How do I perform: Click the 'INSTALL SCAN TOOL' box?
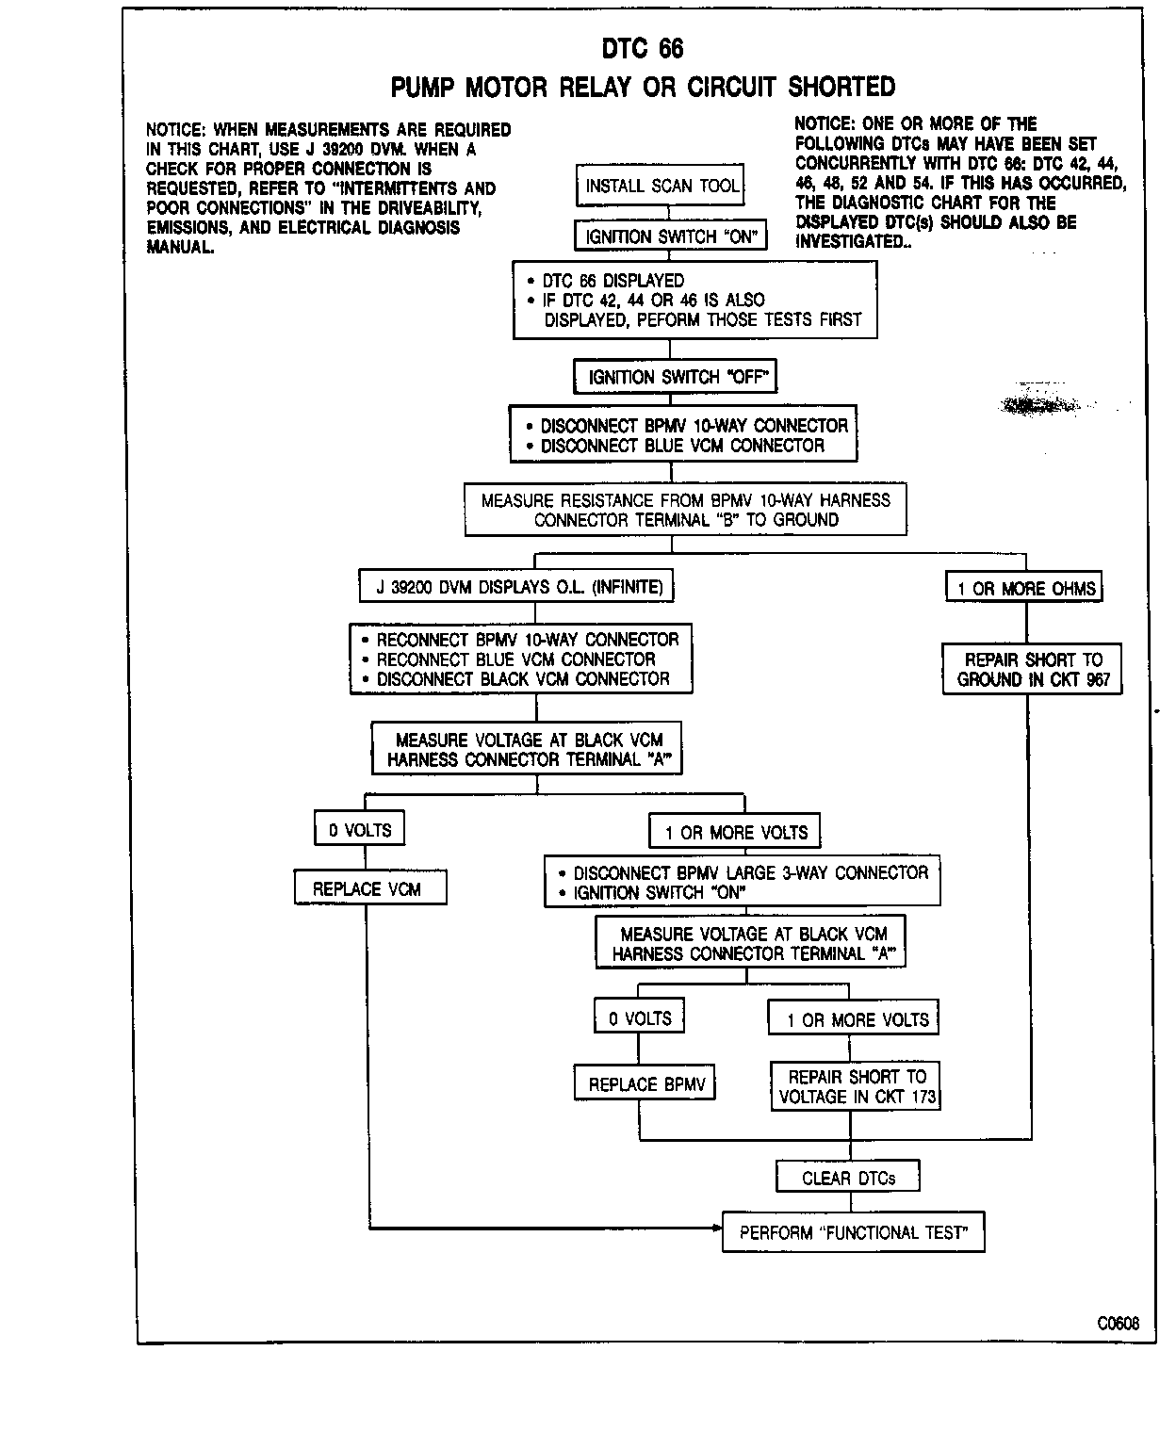(661, 186)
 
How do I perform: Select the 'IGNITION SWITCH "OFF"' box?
(676, 378)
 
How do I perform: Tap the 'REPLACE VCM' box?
(367, 888)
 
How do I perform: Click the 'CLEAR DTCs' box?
(848, 1178)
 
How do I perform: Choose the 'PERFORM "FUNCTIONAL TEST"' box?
(854, 1232)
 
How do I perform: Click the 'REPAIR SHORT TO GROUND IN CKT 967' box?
(1033, 670)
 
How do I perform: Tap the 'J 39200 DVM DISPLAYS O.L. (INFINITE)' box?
(519, 587)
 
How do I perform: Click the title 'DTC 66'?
(643, 48)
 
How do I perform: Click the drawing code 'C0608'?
(1118, 1323)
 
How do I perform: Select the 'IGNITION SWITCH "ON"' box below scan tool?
(670, 236)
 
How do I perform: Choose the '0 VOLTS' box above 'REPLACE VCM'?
(360, 830)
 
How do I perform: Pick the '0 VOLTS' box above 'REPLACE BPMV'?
(640, 1018)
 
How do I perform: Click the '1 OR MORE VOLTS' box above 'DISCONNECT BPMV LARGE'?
(736, 833)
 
